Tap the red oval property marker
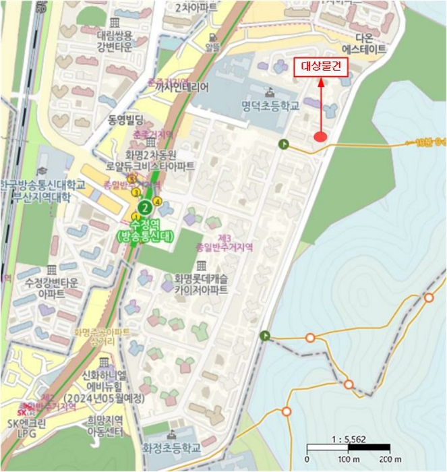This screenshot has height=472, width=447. click(321, 138)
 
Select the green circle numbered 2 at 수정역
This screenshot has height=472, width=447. click(143, 208)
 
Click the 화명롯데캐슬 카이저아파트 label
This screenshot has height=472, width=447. click(196, 285)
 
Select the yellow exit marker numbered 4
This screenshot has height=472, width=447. click(157, 200)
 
